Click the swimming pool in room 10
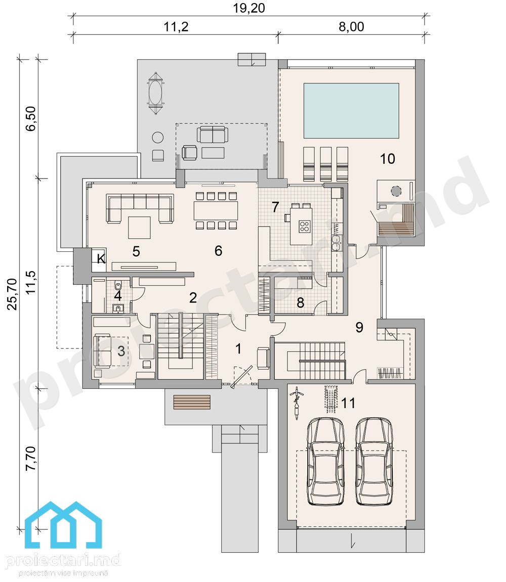[351, 111]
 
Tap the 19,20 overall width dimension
[249, 8]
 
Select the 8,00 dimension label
[351, 27]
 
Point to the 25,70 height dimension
[12, 294]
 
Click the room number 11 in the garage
[348, 402]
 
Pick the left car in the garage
[325, 461]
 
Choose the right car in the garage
[374, 461]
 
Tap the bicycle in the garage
[297, 404]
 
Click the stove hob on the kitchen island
[305, 226]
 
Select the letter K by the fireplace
[101, 259]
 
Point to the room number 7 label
[275, 207]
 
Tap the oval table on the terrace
[155, 94]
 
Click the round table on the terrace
[158, 138]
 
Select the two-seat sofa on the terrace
[213, 135]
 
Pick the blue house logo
[64, 525]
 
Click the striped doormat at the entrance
[192, 402]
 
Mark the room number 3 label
[121, 351]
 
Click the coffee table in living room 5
[139, 228]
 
